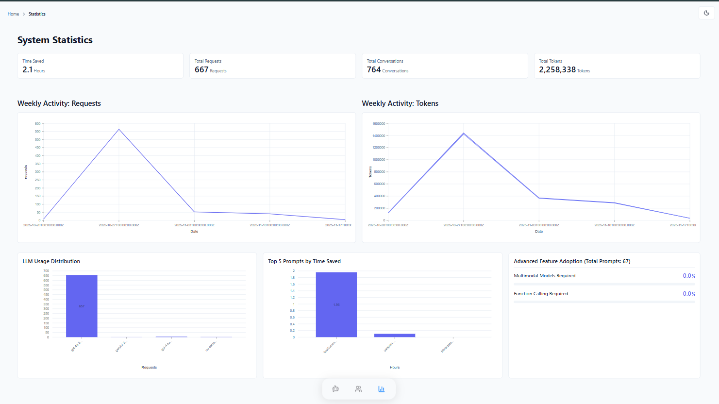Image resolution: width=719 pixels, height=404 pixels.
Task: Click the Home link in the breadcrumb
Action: click(x=13, y=14)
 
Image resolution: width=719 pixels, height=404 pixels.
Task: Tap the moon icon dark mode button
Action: click(x=706, y=13)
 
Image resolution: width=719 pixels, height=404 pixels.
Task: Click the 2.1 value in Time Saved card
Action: click(x=27, y=70)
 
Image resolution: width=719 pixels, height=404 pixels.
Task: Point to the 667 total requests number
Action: click(x=201, y=70)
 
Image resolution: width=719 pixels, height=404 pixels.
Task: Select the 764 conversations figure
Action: click(x=374, y=70)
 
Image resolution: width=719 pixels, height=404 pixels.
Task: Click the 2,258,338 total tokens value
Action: click(x=557, y=70)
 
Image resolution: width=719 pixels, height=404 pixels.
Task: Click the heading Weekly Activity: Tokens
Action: click(x=400, y=103)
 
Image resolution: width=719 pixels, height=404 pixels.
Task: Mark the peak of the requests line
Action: click(x=119, y=129)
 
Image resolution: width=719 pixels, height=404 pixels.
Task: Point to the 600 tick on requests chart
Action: click(x=38, y=124)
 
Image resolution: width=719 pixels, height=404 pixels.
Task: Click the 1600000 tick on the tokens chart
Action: click(x=379, y=124)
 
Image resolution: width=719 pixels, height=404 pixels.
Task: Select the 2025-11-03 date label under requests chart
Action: click(x=194, y=225)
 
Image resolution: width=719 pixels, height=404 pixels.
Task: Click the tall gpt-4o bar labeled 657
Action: click(x=82, y=306)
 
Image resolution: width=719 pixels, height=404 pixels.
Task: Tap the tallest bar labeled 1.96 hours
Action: click(x=336, y=304)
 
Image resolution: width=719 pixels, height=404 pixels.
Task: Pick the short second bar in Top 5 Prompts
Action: click(x=395, y=335)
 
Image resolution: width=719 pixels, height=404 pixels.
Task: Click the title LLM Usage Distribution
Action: click(x=51, y=261)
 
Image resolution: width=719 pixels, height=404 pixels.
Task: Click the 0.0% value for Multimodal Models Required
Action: click(x=688, y=276)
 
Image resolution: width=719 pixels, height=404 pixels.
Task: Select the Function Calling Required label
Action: click(x=541, y=294)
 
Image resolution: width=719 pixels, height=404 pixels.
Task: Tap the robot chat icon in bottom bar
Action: click(x=335, y=389)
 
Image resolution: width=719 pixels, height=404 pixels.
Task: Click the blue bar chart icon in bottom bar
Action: click(x=381, y=389)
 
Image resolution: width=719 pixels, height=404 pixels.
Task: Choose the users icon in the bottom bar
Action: click(x=358, y=389)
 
